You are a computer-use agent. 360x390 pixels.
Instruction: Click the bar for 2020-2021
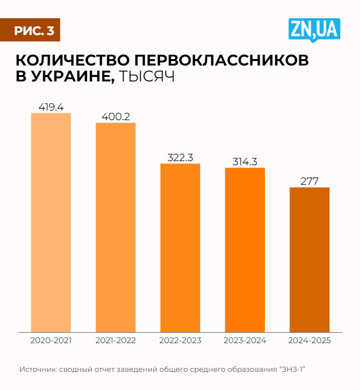[51, 222]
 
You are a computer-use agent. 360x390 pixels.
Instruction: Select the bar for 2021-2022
[116, 227]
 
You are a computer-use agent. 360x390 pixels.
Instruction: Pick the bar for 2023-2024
[245, 249]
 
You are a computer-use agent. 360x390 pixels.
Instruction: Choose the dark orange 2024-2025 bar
[309, 259]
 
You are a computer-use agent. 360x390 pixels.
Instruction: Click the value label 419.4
[51, 107]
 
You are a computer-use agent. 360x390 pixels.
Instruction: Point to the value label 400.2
[116, 117]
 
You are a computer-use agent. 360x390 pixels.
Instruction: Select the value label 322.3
[180, 158]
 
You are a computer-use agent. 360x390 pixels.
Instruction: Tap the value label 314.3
[245, 162]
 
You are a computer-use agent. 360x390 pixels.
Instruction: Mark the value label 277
[309, 181]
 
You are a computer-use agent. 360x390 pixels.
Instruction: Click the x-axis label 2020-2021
[51, 340]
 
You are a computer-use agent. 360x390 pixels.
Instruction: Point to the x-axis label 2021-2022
[116, 340]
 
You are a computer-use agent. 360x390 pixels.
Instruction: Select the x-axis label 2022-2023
[180, 340]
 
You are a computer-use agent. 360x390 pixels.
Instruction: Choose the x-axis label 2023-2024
[245, 340]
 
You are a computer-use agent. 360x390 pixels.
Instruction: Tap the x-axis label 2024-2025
[309, 340]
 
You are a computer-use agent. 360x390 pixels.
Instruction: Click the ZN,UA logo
[314, 30]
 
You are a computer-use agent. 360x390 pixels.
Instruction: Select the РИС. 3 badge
[33, 30]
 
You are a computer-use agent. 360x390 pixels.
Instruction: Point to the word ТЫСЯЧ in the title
[147, 76]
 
